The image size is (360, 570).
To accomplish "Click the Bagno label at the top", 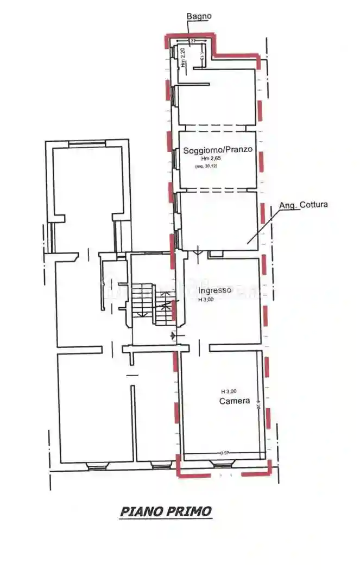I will (199, 16).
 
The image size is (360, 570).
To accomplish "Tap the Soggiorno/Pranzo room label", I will (217, 150).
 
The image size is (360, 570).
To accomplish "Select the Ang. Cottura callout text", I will (303, 205).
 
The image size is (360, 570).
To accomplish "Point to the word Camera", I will (234, 401).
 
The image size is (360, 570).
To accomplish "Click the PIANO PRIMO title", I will (166, 511).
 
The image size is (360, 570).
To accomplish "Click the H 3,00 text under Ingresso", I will (206, 299).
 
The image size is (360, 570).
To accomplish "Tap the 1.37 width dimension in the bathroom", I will (191, 41).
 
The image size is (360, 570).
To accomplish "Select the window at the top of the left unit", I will (87, 143).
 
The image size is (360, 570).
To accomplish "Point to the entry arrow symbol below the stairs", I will (173, 335).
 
